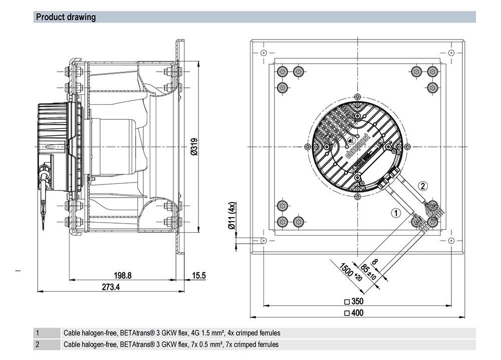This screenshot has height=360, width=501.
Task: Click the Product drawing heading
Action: point(66,17)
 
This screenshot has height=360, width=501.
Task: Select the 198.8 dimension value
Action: point(122,275)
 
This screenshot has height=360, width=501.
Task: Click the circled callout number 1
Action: point(396,213)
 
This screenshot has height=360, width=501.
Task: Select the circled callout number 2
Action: point(423,186)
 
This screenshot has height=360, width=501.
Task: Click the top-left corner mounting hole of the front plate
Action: point(263,52)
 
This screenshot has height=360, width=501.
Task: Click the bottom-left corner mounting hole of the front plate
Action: point(263,241)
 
